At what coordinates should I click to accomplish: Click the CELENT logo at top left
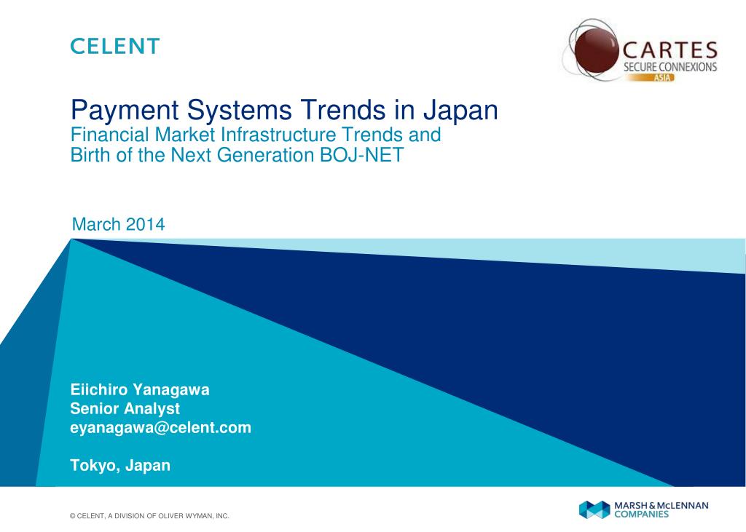coord(114,47)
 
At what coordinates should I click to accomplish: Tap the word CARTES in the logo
coord(669,52)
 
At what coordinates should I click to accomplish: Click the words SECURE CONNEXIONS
coord(670,67)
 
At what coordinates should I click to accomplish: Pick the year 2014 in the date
coord(145,224)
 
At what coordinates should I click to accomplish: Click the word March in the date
coord(96,224)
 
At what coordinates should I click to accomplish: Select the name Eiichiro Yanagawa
coord(139,389)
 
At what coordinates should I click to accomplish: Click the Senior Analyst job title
coord(125,409)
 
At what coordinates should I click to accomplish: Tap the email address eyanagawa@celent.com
coord(160,428)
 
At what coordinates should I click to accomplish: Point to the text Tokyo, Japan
coord(120,466)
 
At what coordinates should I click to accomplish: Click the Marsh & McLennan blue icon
coord(594,509)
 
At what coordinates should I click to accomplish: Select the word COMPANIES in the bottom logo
coord(641,514)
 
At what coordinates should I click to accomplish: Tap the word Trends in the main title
coord(337,111)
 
